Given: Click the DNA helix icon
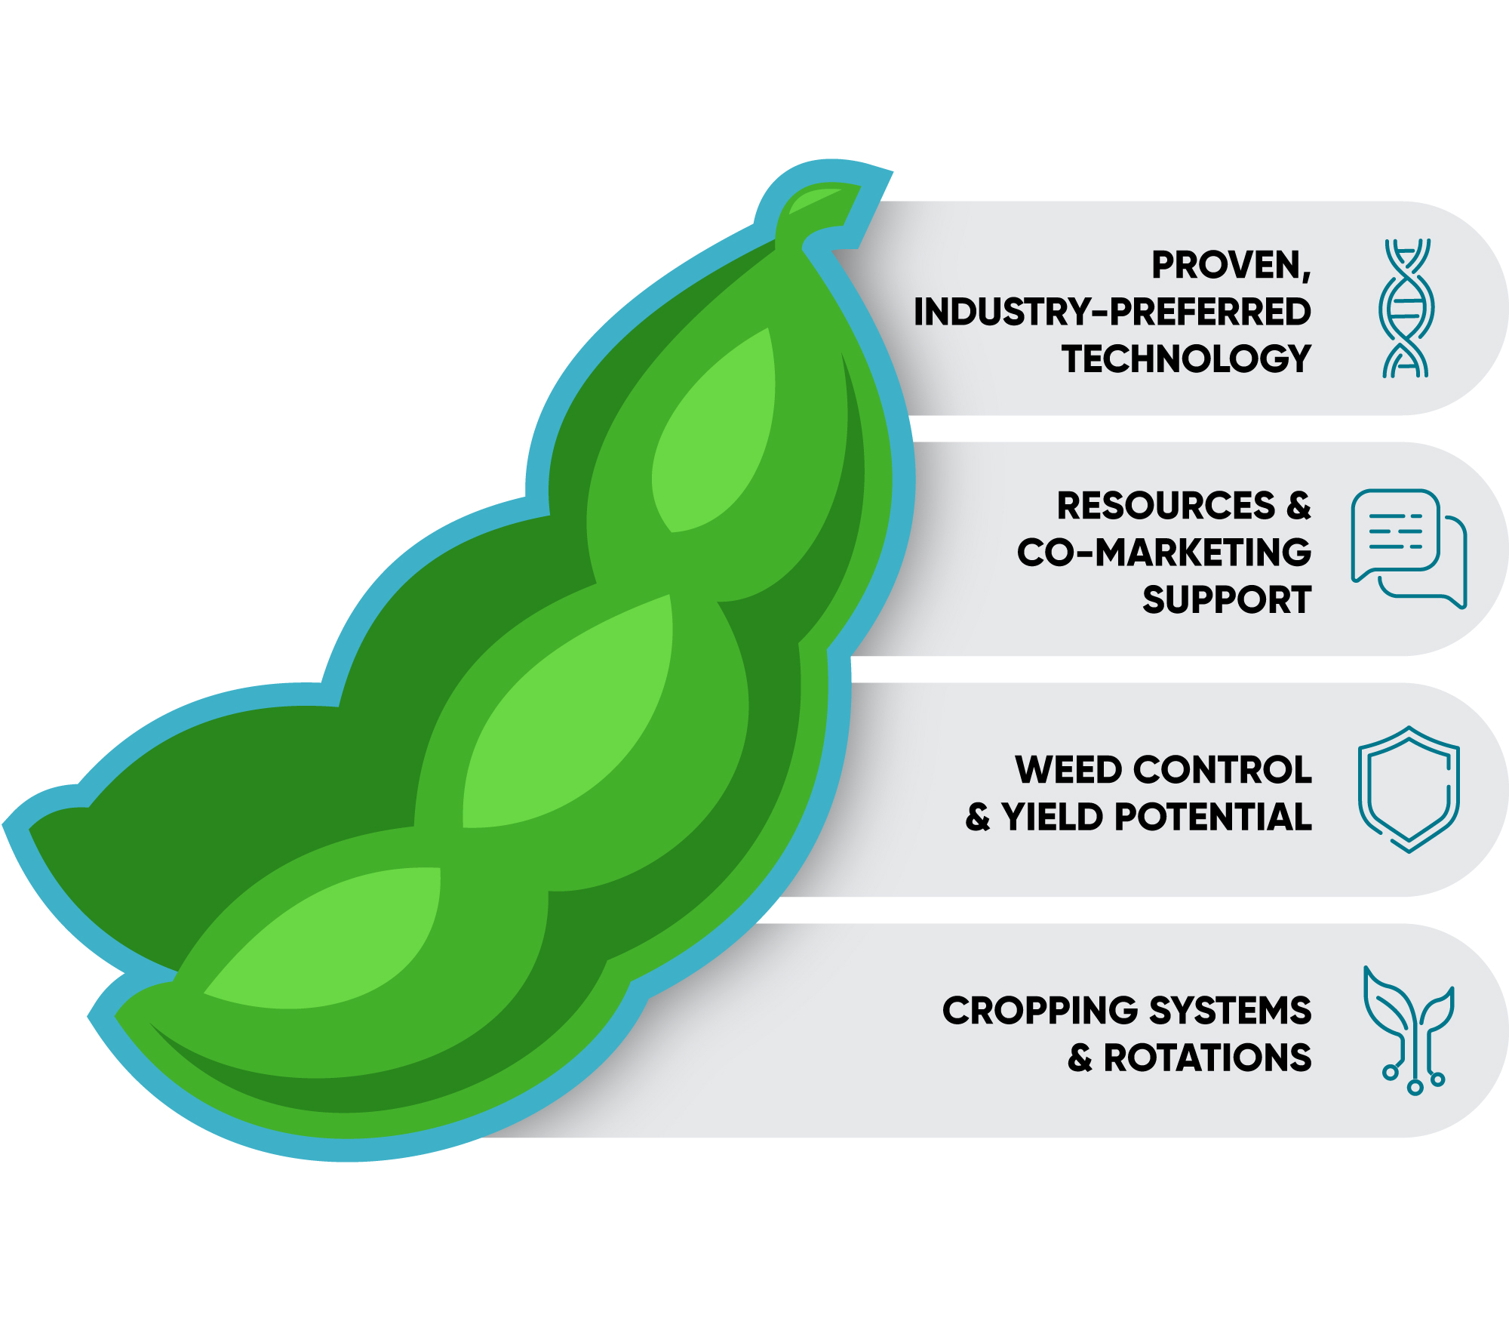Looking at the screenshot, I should [x=1406, y=308].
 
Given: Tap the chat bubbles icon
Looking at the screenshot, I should [x=1408, y=548].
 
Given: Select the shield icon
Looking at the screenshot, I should [x=1409, y=789].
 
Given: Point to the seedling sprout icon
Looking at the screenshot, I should [x=1409, y=1030].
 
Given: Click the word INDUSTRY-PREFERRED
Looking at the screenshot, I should [x=1112, y=312].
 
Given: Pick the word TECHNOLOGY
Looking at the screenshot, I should [x=1186, y=359].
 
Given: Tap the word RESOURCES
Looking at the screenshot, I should [x=1165, y=506].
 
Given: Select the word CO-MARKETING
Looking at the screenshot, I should [x=1163, y=553].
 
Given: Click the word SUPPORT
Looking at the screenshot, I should [x=1226, y=600].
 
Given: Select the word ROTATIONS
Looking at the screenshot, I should [x=1207, y=1058].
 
